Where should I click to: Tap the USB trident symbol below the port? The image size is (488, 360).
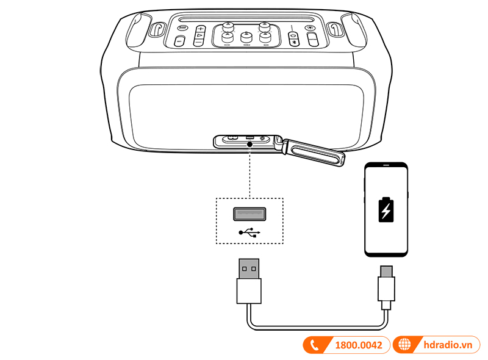point(249,232)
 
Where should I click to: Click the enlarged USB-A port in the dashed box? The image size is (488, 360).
point(249,214)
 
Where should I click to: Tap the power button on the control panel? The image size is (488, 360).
point(293,35)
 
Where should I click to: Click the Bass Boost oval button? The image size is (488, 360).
point(182,27)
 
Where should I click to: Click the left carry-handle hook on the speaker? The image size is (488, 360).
point(157,29)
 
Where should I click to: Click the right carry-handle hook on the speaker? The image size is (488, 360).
point(334,29)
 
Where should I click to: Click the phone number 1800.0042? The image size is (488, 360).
point(358,345)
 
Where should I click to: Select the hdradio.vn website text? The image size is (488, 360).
point(448,345)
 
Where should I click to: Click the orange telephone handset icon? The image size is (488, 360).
point(315,345)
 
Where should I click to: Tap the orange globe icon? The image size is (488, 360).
point(404,345)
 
